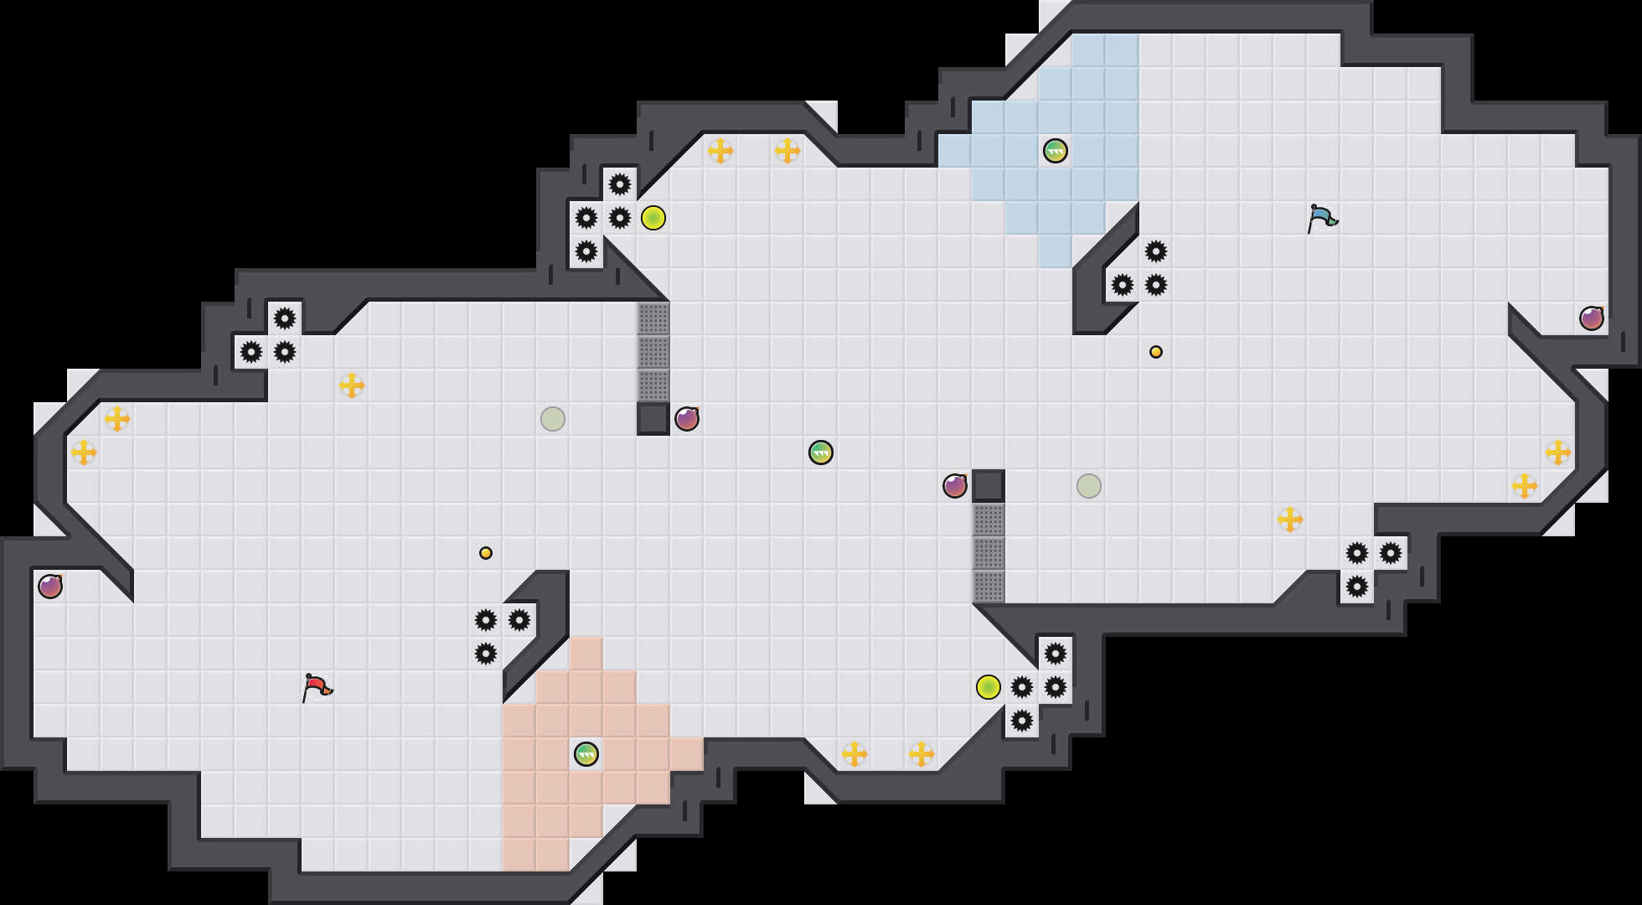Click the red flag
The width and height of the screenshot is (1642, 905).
pyautogui.click(x=316, y=687)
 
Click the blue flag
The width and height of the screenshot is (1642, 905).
pyautogui.click(x=1321, y=218)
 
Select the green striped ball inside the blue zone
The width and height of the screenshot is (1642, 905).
pyautogui.click(x=1056, y=151)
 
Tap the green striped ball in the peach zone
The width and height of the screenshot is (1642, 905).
pyautogui.click(x=586, y=754)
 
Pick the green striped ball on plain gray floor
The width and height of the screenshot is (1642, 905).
pyautogui.click(x=821, y=452)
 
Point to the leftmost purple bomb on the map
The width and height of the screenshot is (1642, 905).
pyautogui.click(x=50, y=587)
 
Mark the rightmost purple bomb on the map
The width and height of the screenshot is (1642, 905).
pyautogui.click(x=1592, y=318)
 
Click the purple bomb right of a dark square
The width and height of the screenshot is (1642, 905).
pyautogui.click(x=687, y=419)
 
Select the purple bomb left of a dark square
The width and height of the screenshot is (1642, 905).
pyautogui.click(x=955, y=486)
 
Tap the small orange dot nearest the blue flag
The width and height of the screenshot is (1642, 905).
pyautogui.click(x=1156, y=352)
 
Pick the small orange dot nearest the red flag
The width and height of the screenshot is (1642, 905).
pyautogui.click(x=486, y=553)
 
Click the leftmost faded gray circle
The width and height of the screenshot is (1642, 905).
pyautogui.click(x=553, y=419)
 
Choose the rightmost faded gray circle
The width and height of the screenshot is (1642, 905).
pyautogui.click(x=1089, y=486)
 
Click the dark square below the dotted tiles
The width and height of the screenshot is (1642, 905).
pyautogui.click(x=653, y=419)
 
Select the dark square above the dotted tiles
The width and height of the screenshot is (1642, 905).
pyautogui.click(x=989, y=486)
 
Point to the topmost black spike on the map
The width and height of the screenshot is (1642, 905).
pyautogui.click(x=620, y=184)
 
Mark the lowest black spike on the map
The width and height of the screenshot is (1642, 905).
pyautogui.click(x=1022, y=721)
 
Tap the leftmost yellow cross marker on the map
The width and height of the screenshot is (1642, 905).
pyautogui.click(x=84, y=452)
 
